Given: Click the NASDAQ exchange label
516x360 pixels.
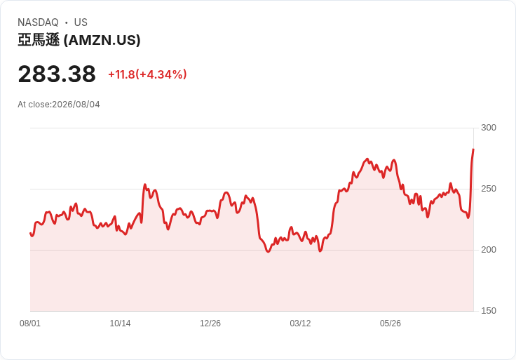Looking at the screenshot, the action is coord(38,22).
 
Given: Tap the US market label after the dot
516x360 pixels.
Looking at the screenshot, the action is coord(81,22).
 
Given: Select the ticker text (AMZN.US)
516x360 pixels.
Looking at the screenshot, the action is coord(102,40).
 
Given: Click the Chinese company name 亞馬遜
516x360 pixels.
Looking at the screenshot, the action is coord(39,40).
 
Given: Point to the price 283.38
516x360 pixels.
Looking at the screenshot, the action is coord(57,74).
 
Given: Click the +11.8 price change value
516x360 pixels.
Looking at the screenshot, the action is coord(121,74).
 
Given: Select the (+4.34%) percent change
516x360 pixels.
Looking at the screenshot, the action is coord(161,74).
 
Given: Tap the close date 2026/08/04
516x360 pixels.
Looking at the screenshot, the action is coord(76,105).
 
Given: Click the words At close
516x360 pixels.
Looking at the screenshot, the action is coord(34,105).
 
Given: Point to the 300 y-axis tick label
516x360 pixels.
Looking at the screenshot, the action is coord(489,128).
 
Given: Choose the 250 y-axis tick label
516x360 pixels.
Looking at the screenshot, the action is coord(489,189).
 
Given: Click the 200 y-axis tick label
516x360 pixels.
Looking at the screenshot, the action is coord(489,250).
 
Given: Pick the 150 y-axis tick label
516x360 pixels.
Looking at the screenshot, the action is coord(489,311).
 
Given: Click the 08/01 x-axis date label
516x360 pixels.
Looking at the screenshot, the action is coord(30,324).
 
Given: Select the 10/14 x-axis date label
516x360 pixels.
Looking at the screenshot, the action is coord(120,324).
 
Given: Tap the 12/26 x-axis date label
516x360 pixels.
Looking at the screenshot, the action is coord(210,324).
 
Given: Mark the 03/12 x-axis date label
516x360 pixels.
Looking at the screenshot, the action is coord(300,324).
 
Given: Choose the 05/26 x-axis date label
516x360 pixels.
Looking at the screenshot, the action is coord(391,324).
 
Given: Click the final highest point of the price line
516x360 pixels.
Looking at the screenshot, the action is coord(473,149).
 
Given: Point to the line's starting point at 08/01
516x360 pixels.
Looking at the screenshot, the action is coord(31,233).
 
